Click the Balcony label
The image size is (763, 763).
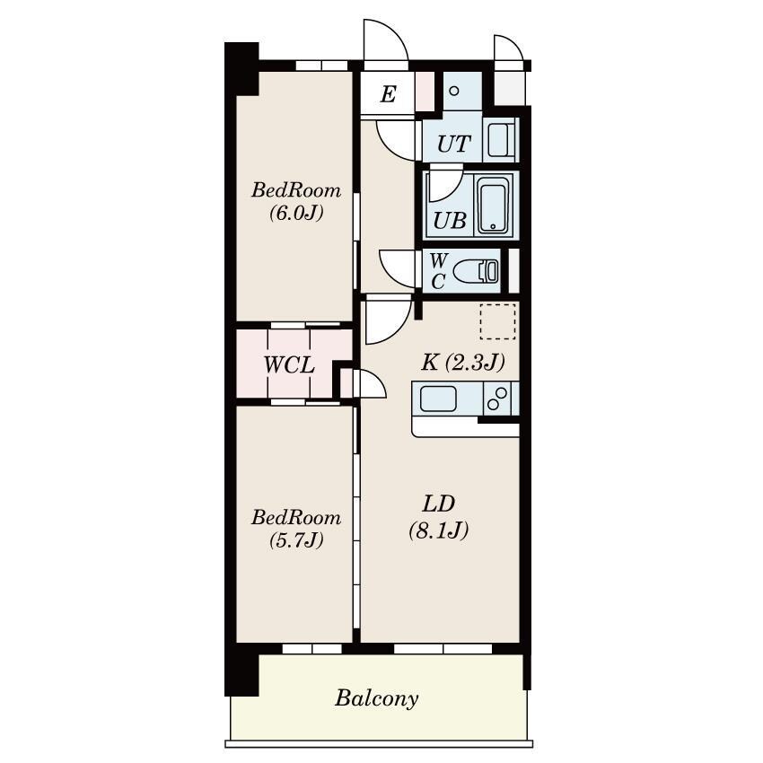tap(377, 698)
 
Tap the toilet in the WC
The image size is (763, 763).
tap(476, 271)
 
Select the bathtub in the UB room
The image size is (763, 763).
tap(493, 205)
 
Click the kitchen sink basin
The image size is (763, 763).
tap(438, 398)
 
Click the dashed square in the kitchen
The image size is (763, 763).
tap(497, 321)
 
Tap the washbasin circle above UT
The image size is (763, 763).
tap(454, 91)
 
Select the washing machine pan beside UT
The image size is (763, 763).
tap(501, 140)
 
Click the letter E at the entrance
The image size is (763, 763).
tap(388, 94)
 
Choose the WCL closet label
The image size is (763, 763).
tap(288, 365)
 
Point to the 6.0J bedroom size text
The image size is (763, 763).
tap(296, 213)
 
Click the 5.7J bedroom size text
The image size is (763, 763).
tap(296, 540)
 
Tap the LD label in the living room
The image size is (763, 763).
tap(438, 504)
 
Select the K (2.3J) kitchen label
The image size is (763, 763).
tap(463, 363)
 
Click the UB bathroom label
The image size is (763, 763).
tap(450, 221)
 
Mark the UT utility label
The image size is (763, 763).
tap(454, 144)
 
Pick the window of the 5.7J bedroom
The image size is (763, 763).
tap(311, 649)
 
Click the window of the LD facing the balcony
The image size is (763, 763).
tap(443, 649)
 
